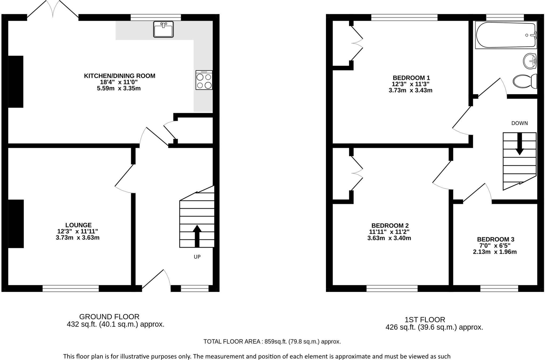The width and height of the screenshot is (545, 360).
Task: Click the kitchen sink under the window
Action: click(163, 29)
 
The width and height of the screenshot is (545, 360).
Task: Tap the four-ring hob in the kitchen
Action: click(204, 80)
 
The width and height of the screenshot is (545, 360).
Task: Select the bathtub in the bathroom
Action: click(506, 35)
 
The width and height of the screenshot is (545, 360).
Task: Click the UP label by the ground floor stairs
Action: click(197, 257)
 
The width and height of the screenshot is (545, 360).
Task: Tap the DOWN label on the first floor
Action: click(519, 123)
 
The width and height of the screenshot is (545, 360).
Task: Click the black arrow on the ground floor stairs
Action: click(197, 236)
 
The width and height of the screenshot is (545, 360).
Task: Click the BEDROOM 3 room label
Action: click(495, 239)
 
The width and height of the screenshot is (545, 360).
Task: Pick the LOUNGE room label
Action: click(78, 225)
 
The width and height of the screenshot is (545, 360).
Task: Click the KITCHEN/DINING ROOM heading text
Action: click(119, 76)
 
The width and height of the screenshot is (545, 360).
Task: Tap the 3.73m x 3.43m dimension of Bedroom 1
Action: click(410, 91)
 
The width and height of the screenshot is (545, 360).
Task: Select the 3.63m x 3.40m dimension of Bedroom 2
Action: click(389, 238)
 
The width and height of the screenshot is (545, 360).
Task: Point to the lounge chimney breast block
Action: click(16, 224)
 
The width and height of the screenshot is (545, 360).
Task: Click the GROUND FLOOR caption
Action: click(109, 317)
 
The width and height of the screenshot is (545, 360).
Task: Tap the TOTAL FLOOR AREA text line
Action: click(272, 342)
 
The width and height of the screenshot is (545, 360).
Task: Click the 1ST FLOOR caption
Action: click(425, 320)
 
